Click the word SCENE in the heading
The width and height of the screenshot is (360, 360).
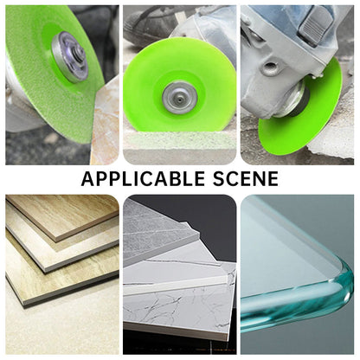tap(246, 179)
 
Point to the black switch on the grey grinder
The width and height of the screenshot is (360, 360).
tap(316, 24)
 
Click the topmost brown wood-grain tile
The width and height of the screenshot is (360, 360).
tap(64, 215)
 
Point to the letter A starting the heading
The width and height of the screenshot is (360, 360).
tap(87, 179)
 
